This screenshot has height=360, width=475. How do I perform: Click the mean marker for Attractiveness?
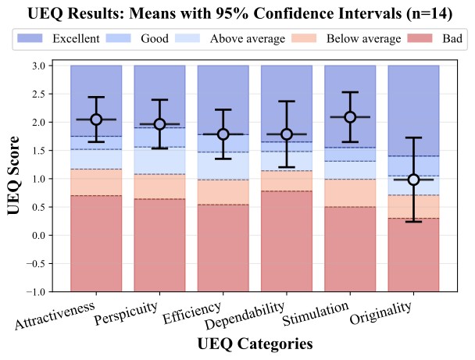click(x=96, y=119)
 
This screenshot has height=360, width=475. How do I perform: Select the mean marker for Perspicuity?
click(x=159, y=124)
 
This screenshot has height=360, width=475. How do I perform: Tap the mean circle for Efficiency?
click(x=223, y=134)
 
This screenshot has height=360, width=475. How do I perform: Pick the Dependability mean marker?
click(x=287, y=134)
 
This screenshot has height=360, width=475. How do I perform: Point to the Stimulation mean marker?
click(x=350, y=117)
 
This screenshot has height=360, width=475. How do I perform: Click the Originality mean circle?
click(x=414, y=180)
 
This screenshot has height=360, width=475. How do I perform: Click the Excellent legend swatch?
click(x=31, y=38)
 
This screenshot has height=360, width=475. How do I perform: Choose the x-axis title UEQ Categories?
click(x=255, y=344)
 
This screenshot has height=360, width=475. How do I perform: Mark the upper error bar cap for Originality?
click(x=414, y=137)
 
